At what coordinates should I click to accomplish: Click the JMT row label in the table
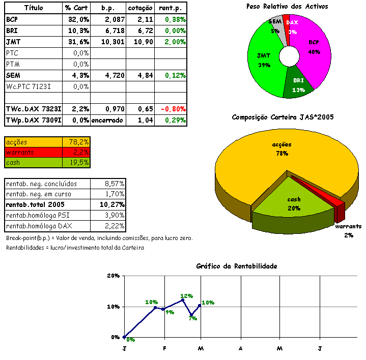(x=14, y=42)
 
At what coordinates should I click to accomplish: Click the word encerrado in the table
(x=106, y=121)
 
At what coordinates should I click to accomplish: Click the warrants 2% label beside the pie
(x=348, y=230)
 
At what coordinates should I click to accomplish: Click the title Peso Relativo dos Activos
(x=287, y=7)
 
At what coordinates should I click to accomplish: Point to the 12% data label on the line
(x=187, y=296)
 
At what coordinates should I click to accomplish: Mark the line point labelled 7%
(x=191, y=315)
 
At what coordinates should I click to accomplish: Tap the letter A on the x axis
(x=240, y=348)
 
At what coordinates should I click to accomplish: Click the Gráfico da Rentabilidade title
(x=237, y=266)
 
